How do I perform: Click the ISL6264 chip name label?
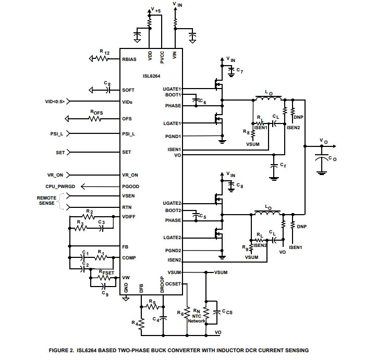(152, 76)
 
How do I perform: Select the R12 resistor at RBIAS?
(102, 58)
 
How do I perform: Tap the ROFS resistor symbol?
(95, 119)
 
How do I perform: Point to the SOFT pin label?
(128, 90)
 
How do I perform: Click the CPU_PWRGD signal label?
(60, 187)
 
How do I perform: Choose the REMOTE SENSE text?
(46, 201)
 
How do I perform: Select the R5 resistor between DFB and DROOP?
(152, 307)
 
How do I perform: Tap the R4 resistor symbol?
(141, 324)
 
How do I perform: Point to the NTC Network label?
(197, 319)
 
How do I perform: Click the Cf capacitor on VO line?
(274, 166)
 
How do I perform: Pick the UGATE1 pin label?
(172, 89)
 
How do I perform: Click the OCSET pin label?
(173, 284)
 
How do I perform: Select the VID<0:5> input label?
(55, 102)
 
